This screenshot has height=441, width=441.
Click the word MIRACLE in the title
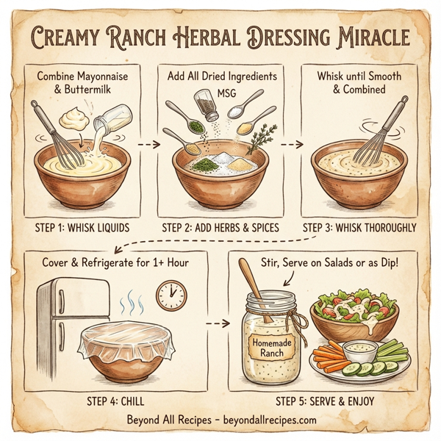click(363, 37)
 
